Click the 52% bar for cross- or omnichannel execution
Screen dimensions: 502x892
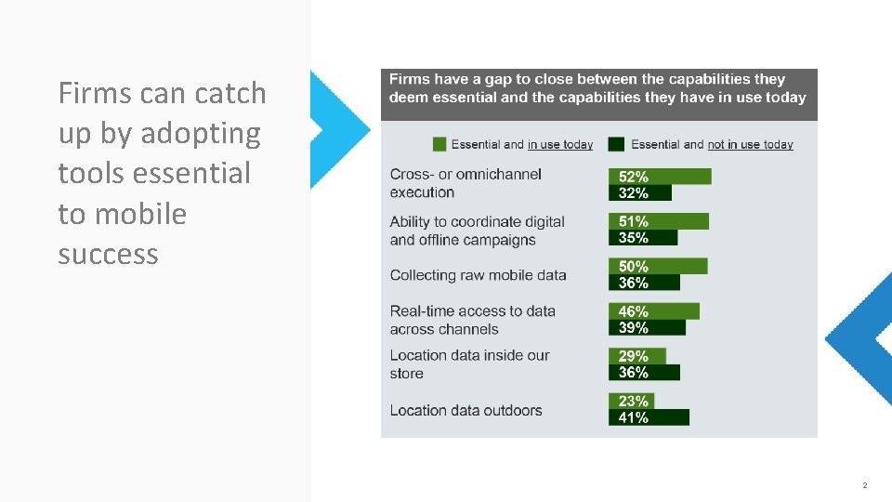(660, 177)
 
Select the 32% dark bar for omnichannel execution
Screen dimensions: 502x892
(640, 193)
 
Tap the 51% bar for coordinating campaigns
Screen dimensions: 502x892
(658, 221)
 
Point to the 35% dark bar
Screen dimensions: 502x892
(643, 238)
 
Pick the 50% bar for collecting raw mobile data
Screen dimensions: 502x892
(657, 267)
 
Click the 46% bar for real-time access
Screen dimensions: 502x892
(653, 311)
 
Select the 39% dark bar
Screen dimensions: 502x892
(647, 328)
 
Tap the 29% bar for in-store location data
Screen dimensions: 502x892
(636, 356)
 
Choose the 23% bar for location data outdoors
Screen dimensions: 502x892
(631, 402)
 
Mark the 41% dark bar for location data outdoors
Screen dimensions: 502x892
(649, 417)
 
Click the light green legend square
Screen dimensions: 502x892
(439, 144)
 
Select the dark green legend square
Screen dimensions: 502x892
(616, 144)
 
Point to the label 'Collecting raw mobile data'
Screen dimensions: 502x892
(478, 275)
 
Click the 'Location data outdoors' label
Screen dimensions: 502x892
(466, 410)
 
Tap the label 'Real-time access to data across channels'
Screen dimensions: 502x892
(472, 320)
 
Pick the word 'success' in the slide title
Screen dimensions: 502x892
(108, 254)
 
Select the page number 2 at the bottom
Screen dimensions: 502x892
(864, 485)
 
